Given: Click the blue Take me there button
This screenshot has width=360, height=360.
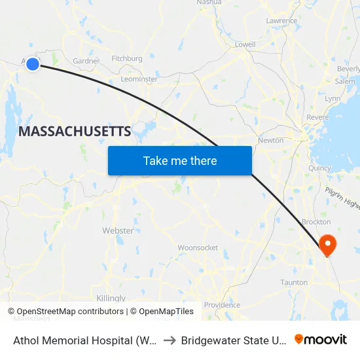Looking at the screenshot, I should point(180,160).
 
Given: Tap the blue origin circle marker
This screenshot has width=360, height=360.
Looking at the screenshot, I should point(32,63).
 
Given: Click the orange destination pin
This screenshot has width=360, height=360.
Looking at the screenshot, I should point(326,245).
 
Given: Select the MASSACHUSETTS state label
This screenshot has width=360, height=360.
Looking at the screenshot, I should point(75,131).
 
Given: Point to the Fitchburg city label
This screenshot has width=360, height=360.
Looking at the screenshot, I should point(127,59).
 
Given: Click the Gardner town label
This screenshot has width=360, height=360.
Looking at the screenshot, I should point(86,62).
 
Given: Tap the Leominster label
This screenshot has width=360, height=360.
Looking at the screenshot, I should point(139,79).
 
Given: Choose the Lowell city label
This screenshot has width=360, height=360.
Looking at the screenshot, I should point(245,45).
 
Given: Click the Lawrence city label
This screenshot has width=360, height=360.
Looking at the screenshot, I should point(281,21).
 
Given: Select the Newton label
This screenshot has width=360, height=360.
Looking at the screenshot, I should point(271,140).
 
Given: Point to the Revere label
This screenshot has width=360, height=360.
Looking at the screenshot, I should point(317,117).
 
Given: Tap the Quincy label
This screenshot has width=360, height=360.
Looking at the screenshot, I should point(320,168).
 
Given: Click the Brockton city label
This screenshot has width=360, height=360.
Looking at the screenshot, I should point(316,223).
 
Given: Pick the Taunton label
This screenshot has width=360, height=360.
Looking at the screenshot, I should point(294,283).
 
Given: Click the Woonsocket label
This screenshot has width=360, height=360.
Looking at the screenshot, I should point(198,248).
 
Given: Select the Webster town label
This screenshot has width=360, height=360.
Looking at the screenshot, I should point(118,231).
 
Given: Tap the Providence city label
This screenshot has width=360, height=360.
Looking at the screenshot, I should point(222,305).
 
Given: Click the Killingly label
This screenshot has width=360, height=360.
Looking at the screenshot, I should point(111,298).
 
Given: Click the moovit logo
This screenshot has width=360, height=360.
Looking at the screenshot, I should point(321,340).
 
